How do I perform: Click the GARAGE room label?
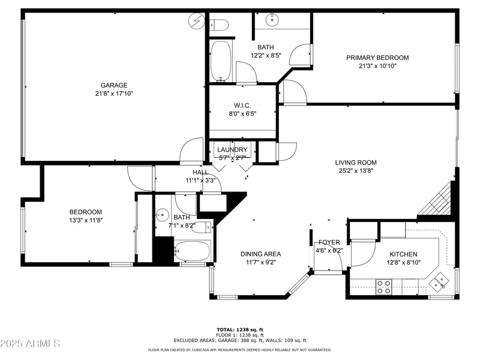point(113,85)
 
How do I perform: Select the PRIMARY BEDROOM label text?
point(377,58)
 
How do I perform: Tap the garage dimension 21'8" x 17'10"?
point(113,94)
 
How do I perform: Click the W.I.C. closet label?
point(242,105)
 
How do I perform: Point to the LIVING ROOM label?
point(356,162)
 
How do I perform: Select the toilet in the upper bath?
point(220,25)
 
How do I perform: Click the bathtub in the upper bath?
point(221,61)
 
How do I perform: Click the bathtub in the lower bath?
point(191,251)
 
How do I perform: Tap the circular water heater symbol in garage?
point(196,22)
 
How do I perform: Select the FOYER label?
point(329,242)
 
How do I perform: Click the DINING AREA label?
point(260,254)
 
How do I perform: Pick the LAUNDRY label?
point(232,149)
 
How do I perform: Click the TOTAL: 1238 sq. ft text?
point(240,329)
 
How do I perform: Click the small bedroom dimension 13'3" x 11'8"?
point(86,220)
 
